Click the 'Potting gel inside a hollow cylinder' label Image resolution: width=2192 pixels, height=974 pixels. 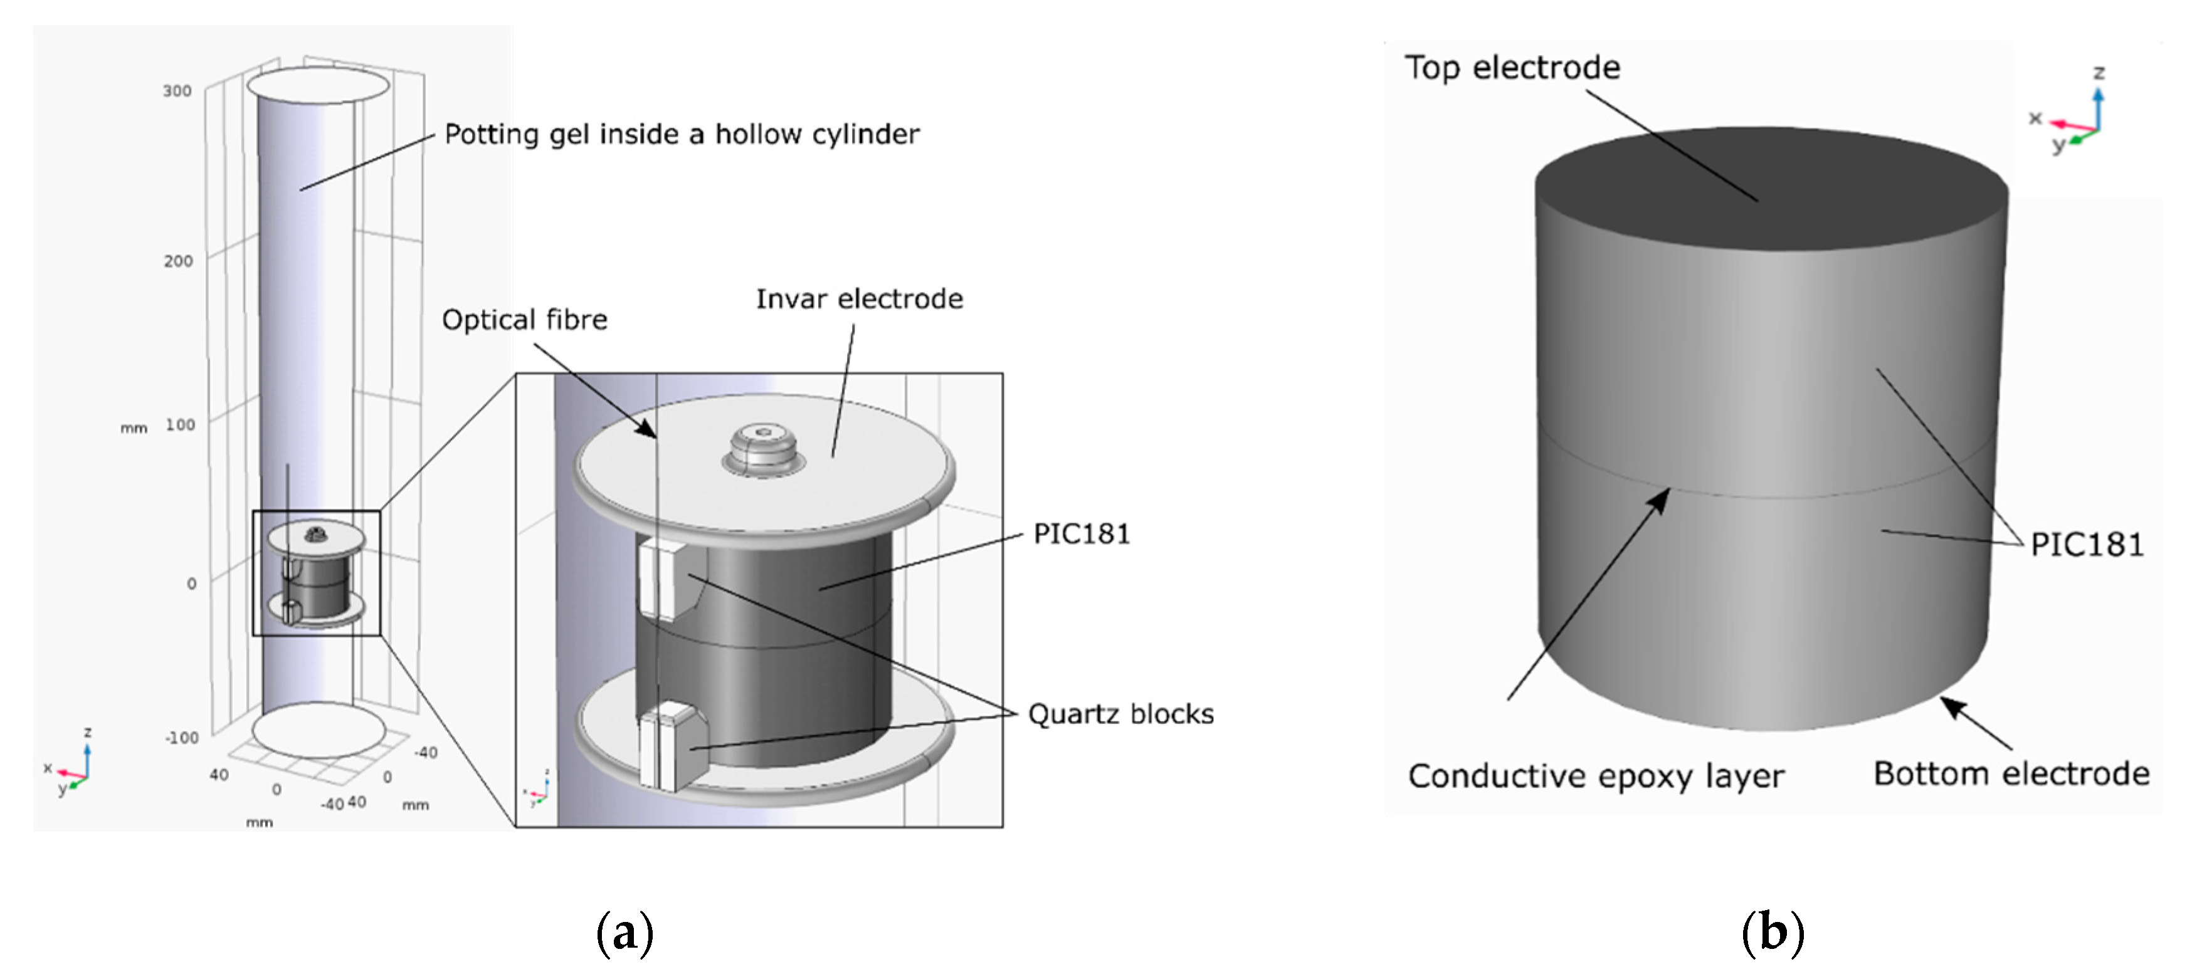tap(682, 134)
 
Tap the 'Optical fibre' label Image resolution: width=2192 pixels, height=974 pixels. tap(524, 320)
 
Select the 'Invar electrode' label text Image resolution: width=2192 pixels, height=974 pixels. tap(860, 298)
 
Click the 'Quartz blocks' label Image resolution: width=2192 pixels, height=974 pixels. tap(1120, 714)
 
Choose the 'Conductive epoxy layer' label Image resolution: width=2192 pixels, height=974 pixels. tap(1596, 776)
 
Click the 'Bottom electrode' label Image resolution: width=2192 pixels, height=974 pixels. tap(2011, 773)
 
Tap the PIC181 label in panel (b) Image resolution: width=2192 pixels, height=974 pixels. tap(2087, 545)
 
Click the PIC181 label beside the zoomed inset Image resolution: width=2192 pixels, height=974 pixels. tap(1081, 534)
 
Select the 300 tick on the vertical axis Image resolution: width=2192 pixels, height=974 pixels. tap(177, 91)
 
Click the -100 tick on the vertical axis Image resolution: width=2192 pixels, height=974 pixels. tap(181, 738)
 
